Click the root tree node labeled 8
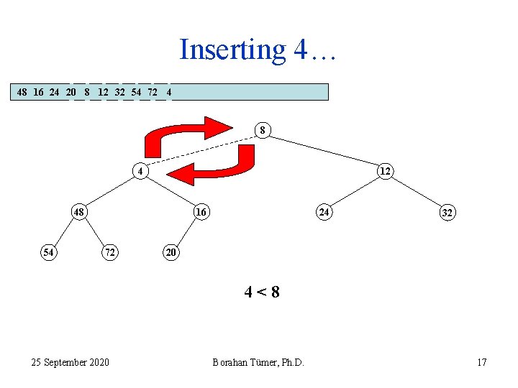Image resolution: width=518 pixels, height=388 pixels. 263,130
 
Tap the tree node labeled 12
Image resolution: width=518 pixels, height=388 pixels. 385,170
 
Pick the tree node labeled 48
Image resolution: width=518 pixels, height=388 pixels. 79,212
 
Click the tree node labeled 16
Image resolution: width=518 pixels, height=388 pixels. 201,212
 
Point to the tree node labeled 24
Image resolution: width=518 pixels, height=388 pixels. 324,212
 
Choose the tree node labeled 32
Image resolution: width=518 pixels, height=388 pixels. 447,213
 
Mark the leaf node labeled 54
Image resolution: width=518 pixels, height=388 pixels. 48,252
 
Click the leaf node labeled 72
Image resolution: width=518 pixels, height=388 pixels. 109,252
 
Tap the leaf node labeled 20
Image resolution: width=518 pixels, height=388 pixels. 171,252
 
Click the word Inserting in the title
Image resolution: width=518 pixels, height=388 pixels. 232,50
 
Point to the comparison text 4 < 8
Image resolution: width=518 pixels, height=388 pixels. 262,292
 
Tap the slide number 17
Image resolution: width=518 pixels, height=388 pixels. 481,362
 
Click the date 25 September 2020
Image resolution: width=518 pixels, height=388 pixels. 71,362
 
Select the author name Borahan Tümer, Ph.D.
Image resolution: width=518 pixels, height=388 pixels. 258,362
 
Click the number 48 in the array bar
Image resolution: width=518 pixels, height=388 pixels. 22,92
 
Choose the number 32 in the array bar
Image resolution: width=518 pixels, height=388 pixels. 120,92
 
